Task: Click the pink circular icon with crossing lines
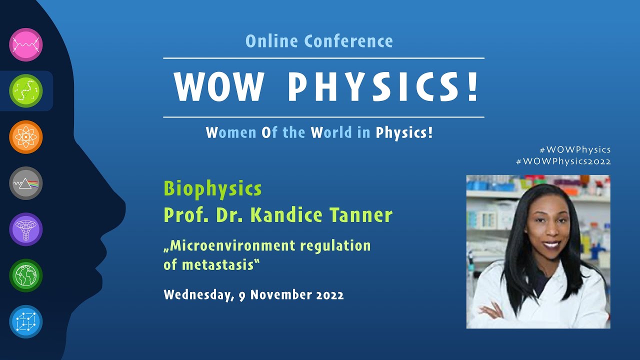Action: (x=26, y=44)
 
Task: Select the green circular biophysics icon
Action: (x=26, y=90)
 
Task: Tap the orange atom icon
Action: (x=26, y=137)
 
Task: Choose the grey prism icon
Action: (x=26, y=183)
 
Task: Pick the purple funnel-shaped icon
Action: (x=26, y=229)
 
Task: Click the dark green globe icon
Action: (x=26, y=275)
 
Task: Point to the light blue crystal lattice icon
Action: (x=26, y=321)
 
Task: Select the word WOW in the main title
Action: (x=218, y=88)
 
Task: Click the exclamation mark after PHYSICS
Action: (x=472, y=88)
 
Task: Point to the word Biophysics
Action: (x=212, y=189)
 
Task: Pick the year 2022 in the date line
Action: (x=329, y=294)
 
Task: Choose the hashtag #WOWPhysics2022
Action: (x=563, y=161)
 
